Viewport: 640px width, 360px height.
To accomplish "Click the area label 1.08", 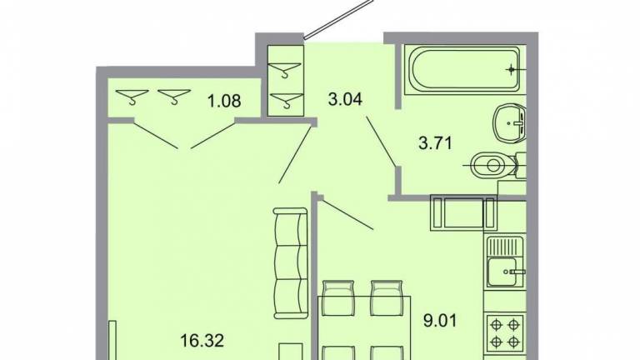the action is tap(224, 100).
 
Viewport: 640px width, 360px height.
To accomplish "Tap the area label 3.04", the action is tap(345, 99).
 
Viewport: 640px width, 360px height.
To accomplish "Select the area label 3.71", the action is tap(436, 143).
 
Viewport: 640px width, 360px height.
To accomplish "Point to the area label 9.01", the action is tap(440, 320).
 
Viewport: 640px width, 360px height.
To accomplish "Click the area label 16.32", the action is tap(202, 340).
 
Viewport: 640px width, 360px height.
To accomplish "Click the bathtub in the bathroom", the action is tap(465, 69).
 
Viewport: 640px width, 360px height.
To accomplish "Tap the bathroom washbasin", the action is tap(509, 122).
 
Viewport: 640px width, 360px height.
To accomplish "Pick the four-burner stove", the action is tap(504, 332).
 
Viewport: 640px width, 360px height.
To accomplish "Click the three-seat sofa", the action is tap(290, 263).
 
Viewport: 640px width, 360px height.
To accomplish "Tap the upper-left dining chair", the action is tap(338, 297).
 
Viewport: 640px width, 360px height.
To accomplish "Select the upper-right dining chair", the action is tap(387, 297).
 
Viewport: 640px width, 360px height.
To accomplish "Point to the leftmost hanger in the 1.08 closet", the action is tap(132, 97).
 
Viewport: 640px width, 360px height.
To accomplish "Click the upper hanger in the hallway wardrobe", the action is tap(286, 68).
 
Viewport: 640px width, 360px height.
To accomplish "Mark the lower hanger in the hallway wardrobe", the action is tap(287, 100).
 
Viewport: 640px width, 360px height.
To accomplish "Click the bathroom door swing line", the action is tap(381, 142).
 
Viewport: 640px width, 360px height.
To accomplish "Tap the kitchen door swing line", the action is tap(346, 213).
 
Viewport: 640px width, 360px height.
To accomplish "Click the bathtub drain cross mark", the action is tap(512, 70).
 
